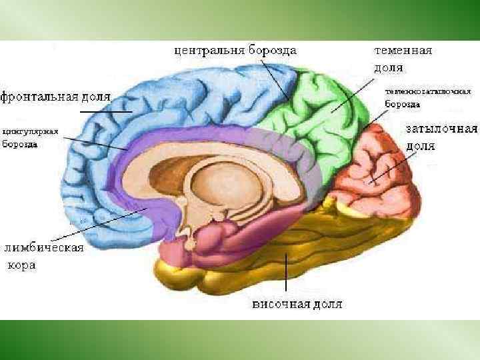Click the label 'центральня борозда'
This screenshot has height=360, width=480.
[x=235, y=50]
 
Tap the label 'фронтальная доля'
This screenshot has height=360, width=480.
[x=55, y=97]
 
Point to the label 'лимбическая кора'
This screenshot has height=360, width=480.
[x=44, y=256]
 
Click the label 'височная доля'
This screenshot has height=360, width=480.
[x=297, y=305]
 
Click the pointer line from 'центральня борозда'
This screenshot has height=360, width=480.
[x=275, y=79]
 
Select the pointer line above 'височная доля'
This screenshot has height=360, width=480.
[x=287, y=273]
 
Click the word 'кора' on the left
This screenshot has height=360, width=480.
[x=21, y=265]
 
